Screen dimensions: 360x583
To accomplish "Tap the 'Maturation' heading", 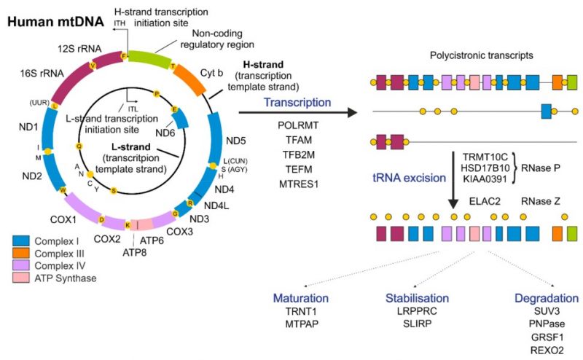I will point(300,299).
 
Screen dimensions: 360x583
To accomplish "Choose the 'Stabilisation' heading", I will point(417,299).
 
